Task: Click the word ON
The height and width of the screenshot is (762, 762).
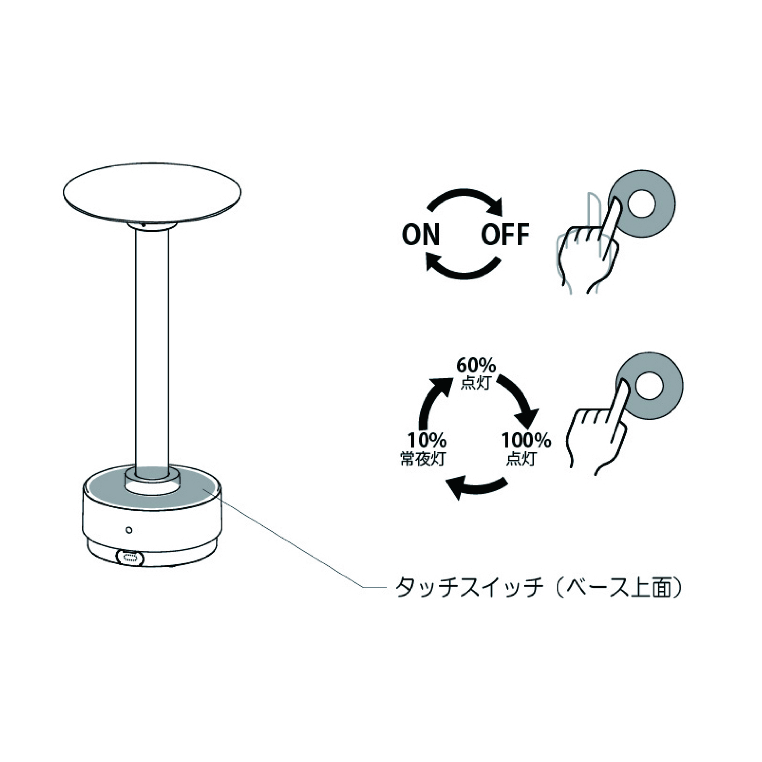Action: click(x=420, y=234)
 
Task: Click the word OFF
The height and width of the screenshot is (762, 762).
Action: click(x=505, y=234)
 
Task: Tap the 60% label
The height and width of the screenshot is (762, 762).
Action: click(x=476, y=365)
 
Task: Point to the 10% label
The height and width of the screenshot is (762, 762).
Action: click(x=427, y=440)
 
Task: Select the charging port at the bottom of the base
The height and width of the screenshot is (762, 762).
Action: click(x=130, y=557)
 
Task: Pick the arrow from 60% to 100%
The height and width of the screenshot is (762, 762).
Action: click(x=521, y=398)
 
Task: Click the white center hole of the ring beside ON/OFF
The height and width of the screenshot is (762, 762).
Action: click(x=642, y=204)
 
